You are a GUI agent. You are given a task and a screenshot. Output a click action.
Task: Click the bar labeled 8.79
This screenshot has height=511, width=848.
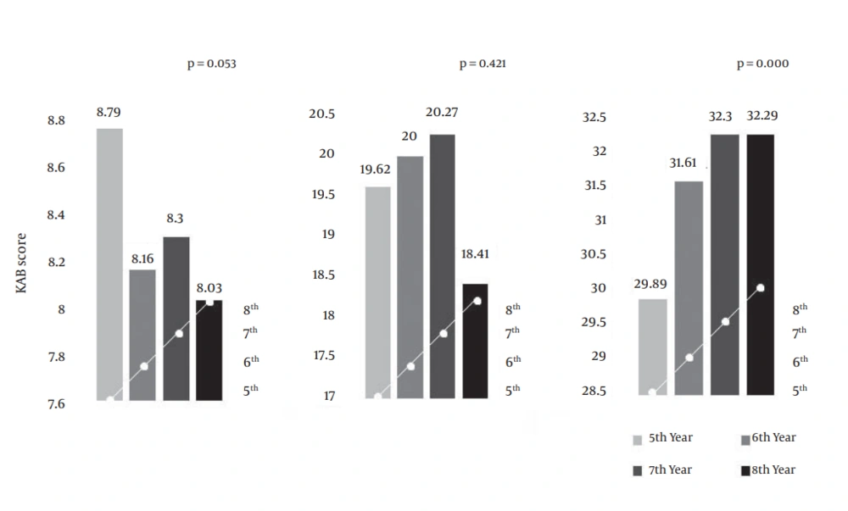109,263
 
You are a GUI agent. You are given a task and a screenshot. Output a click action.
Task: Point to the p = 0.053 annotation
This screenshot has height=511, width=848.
211,64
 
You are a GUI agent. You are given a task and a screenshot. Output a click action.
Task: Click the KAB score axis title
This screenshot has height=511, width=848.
22,264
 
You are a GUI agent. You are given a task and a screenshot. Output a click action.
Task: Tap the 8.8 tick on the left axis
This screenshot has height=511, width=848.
56,121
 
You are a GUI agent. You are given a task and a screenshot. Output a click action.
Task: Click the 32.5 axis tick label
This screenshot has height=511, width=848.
595,118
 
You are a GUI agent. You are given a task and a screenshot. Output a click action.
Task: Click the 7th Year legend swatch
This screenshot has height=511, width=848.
639,470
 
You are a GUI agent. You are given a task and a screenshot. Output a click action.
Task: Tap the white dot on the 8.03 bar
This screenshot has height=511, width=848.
209,302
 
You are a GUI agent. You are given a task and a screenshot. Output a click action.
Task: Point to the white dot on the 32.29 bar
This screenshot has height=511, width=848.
761,288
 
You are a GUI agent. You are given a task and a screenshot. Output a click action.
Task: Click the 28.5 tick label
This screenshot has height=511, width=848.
595,392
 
